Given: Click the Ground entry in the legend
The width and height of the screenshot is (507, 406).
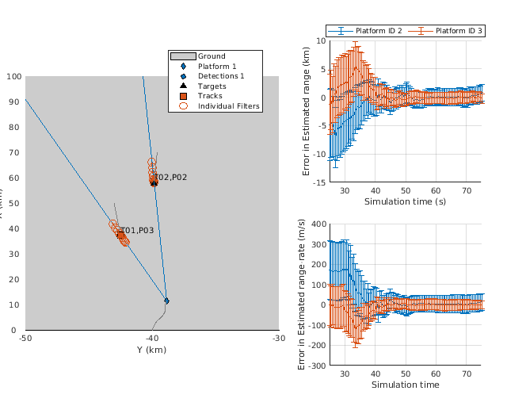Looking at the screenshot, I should point(212,56).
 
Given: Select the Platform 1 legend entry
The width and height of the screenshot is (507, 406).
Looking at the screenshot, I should point(216,67).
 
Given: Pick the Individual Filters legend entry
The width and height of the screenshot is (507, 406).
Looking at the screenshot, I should point(228,106).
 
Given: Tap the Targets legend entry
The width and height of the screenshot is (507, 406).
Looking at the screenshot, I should point(212,86).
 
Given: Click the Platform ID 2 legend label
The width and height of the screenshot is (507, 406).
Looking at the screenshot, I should point(379,30).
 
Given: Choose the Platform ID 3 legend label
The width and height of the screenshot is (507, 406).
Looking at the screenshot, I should point(459,30).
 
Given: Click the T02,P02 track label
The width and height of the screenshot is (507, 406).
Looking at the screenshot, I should point(170,178).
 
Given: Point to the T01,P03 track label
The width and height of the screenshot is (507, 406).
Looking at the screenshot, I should point(137,231).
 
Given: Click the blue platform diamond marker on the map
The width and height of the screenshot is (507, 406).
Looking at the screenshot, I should point(166,301).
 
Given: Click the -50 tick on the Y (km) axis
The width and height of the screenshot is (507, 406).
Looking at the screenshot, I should point(25,339).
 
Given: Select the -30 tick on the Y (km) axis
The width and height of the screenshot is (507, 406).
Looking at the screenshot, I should point(279,339).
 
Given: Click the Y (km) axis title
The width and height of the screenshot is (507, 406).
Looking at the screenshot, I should point(152,350).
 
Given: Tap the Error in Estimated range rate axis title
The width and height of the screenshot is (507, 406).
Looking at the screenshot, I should point(302,295).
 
